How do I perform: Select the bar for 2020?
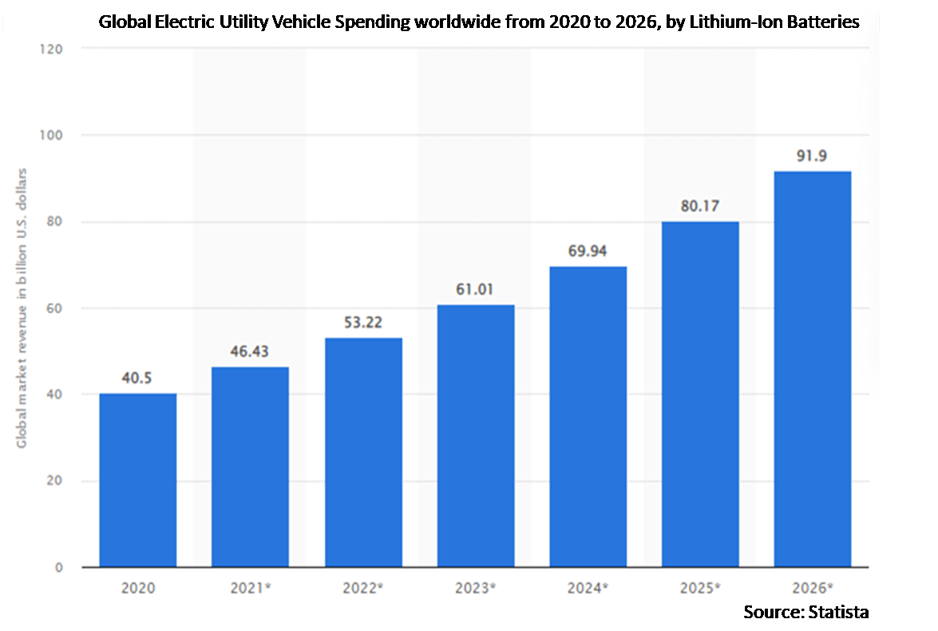(137, 480)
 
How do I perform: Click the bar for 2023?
(476, 436)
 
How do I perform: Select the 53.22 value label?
(363, 325)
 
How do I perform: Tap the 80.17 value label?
(700, 207)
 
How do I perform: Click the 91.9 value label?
(813, 157)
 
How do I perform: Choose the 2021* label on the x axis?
(250, 589)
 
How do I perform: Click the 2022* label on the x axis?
(363, 589)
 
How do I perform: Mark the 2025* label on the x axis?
(701, 589)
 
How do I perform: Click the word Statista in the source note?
(839, 612)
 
